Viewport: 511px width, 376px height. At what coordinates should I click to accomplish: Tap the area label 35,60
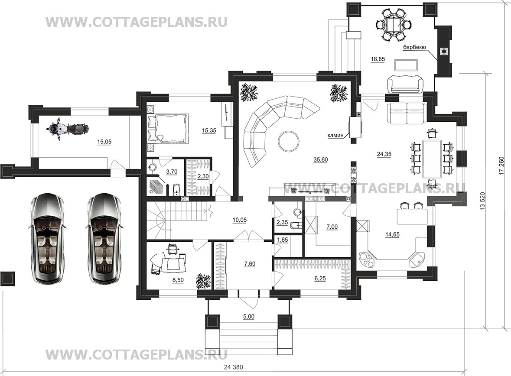pyautogui.click(x=321, y=160)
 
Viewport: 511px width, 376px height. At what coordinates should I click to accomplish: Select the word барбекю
pyautogui.click(x=414, y=47)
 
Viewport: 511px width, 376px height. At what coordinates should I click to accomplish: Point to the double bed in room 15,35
pyautogui.click(x=169, y=128)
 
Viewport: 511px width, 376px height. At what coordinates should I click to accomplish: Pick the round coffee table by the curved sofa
pyautogui.click(x=288, y=140)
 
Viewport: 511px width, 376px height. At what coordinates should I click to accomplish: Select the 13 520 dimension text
pyautogui.click(x=483, y=201)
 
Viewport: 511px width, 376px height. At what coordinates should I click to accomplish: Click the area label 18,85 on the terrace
pyautogui.click(x=378, y=59)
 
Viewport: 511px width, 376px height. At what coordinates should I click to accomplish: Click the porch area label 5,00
pyautogui.click(x=249, y=316)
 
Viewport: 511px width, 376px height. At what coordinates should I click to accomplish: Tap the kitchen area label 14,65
pyautogui.click(x=392, y=234)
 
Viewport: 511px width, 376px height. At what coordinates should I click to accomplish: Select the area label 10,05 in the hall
pyautogui.click(x=240, y=220)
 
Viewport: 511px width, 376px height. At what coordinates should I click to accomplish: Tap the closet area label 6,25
pyautogui.click(x=320, y=279)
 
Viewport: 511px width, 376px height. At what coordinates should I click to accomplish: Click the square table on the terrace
pyautogui.click(x=394, y=24)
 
